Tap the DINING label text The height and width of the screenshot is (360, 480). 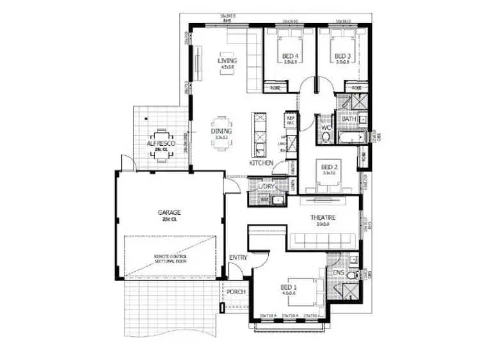click(x=222, y=131)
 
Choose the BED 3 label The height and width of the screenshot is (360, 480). click(x=342, y=56)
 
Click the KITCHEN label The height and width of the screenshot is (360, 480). click(x=261, y=163)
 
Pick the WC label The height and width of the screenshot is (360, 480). click(x=324, y=127)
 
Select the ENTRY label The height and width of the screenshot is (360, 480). click(x=238, y=258)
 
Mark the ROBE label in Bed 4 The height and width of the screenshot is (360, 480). click(x=275, y=87)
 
